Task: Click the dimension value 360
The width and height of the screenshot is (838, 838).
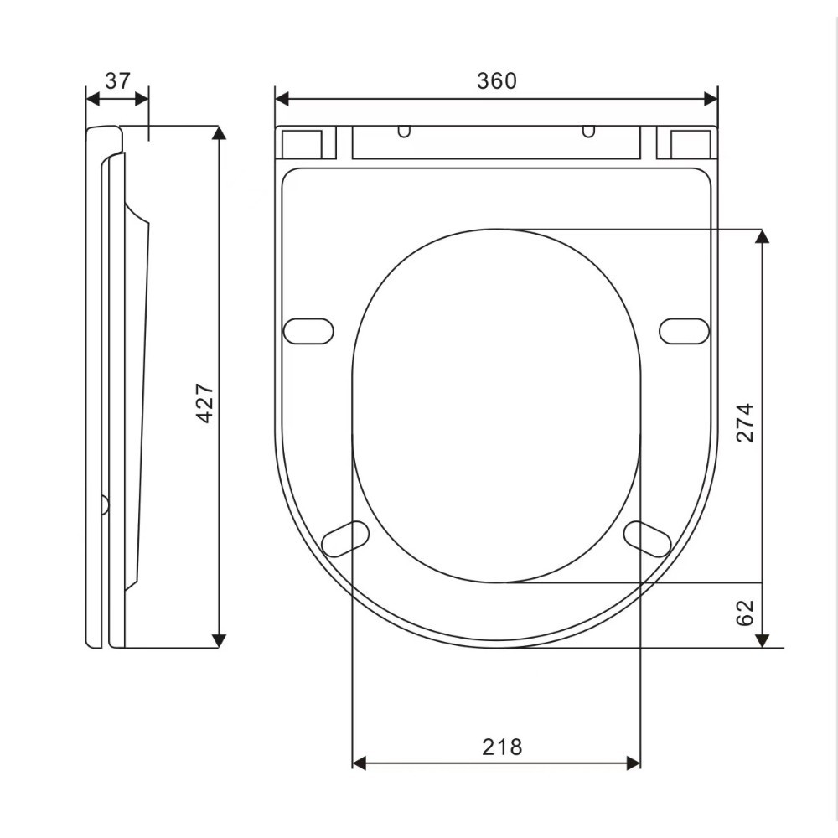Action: [x=496, y=80]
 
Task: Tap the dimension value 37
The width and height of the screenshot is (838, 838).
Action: [x=117, y=80]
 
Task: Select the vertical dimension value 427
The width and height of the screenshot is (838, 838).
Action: [x=205, y=403]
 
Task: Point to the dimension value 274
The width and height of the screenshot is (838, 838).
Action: [x=744, y=422]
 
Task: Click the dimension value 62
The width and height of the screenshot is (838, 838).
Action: [x=744, y=613]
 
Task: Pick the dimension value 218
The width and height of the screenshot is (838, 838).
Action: [x=502, y=747]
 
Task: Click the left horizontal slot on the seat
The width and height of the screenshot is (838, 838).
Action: [x=308, y=331]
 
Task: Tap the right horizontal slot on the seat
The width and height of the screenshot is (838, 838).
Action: [x=684, y=331]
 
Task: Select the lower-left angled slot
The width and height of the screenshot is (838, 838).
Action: [x=345, y=539]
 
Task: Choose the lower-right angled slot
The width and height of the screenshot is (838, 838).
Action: [x=647, y=539]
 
